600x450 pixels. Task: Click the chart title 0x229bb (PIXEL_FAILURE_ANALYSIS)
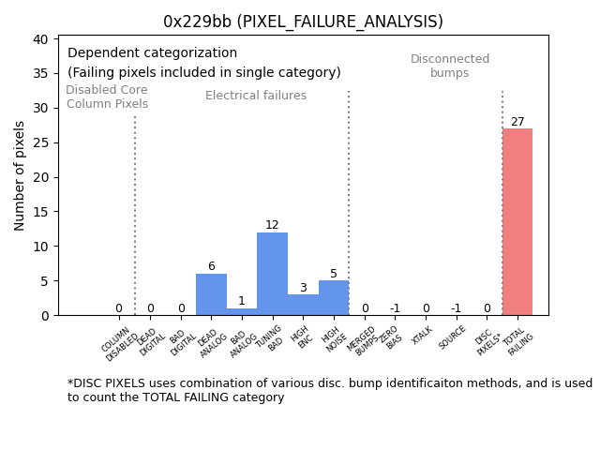pos(303,22)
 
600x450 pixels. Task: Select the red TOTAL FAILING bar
pos(517,222)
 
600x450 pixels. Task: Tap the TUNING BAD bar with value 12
pos(272,274)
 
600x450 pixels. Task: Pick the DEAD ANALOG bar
pos(211,294)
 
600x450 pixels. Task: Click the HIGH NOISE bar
pos(334,298)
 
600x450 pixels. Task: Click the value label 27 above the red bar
pos(517,122)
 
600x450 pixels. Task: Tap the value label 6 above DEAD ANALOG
pos(211,266)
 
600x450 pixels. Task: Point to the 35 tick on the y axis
pos(41,73)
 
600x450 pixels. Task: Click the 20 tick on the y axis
pos(41,177)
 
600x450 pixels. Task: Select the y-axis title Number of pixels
pos(20,175)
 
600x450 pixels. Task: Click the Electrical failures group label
pos(256,96)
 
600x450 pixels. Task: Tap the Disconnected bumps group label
pos(450,67)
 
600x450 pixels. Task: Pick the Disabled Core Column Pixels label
pos(107,97)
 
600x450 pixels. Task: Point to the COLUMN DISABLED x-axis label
pos(118,343)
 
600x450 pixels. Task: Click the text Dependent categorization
pos(152,53)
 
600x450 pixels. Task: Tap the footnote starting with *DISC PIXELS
pos(329,390)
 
